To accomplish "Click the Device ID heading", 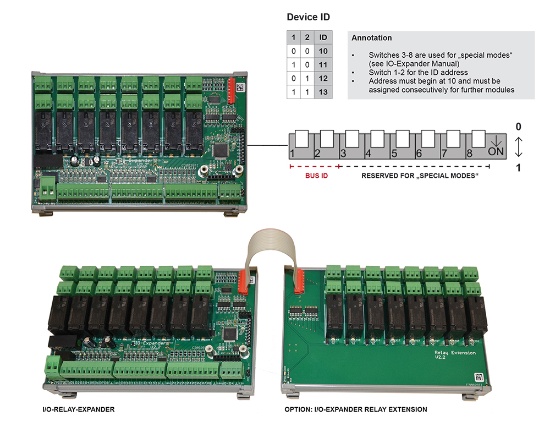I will coord(308,18).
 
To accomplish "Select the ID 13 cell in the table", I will coord(323,92).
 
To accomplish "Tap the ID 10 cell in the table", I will coord(323,51).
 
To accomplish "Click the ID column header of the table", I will coord(323,37).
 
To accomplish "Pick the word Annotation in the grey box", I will coord(371,38).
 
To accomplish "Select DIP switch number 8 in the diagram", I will coord(479,138).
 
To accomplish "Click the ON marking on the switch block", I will coord(495,149).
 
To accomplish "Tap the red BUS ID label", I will coord(313,177).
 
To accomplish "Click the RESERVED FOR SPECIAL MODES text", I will coord(420,177).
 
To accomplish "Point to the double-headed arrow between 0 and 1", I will coord(518,146).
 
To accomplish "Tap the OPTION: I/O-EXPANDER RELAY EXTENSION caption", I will coord(355,410).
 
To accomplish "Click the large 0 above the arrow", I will coord(518,127).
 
